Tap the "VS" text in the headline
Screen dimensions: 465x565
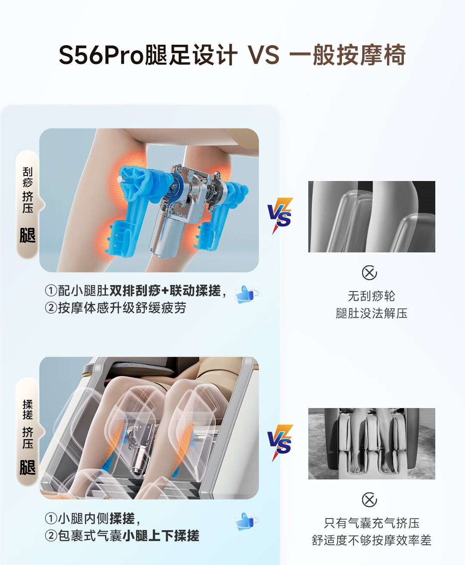click(263, 55)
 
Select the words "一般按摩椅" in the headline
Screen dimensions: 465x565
click(347, 55)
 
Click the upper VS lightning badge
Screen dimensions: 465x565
click(280, 216)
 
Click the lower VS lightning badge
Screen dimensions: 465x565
click(280, 442)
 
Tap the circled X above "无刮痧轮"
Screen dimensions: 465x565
click(369, 273)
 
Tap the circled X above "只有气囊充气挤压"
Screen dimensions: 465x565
click(369, 500)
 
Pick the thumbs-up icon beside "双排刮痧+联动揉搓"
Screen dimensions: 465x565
click(246, 294)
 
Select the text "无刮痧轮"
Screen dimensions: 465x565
click(372, 296)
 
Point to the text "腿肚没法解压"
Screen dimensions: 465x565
click(372, 313)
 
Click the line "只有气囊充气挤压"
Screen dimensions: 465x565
click(372, 523)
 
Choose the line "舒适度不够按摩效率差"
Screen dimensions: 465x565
click(372, 540)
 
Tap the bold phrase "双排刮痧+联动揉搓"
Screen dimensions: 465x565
click(165, 290)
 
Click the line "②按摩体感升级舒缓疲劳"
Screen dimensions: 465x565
click(115, 308)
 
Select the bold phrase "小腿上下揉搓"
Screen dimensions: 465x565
click(161, 535)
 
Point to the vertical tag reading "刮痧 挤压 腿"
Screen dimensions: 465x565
click(28, 205)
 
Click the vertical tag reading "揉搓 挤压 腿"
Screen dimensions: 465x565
click(28, 432)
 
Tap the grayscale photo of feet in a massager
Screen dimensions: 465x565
click(372, 444)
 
